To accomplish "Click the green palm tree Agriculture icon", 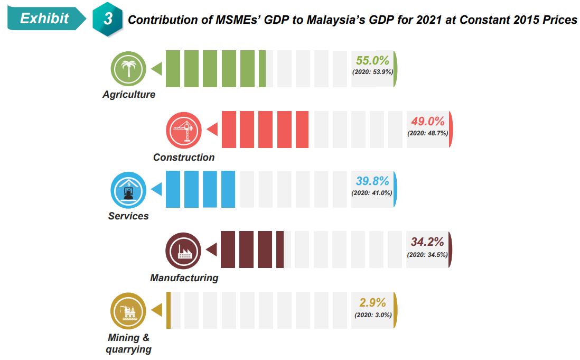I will pyautogui.click(x=128, y=69).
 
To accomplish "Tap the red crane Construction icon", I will pyautogui.click(x=184, y=130).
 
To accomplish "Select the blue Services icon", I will pyautogui.click(x=128, y=189).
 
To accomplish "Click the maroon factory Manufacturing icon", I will pyautogui.click(x=183, y=249).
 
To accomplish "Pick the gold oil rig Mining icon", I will pyautogui.click(x=128, y=310).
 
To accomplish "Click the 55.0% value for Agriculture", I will pyautogui.click(x=372, y=60).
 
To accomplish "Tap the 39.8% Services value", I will pyautogui.click(x=372, y=181).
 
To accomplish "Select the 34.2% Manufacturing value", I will pyautogui.click(x=427, y=242).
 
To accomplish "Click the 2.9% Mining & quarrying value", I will pyautogui.click(x=372, y=303).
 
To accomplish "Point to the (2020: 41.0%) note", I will pyautogui.click(x=372, y=193).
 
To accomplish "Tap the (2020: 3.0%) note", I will pyautogui.click(x=372, y=315).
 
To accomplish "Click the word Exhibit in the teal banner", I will pyautogui.click(x=44, y=19).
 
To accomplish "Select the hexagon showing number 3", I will pyautogui.click(x=108, y=20).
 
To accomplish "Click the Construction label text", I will pyautogui.click(x=184, y=157).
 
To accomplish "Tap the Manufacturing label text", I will pyautogui.click(x=184, y=278).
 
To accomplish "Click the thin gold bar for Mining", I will pyautogui.click(x=168, y=310).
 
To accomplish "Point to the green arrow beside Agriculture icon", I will pyautogui.click(x=156, y=69).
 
